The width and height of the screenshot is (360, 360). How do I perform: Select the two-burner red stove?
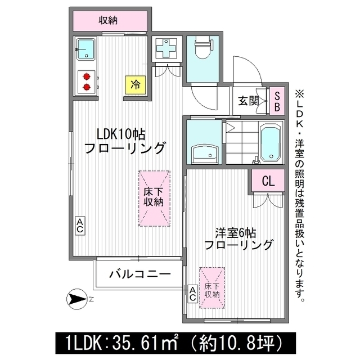coord(87,81)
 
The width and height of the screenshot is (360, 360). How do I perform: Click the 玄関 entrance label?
coord(248,101)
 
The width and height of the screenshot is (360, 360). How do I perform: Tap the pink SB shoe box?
coord(277,102)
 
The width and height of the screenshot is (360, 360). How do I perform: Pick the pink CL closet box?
coord(268,181)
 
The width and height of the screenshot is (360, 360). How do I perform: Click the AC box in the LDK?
coord(80,226)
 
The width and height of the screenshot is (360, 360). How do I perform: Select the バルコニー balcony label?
coord(139,275)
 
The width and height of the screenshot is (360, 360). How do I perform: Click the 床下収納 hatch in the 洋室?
coord(212,287)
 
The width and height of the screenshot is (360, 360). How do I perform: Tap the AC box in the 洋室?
coord(192,293)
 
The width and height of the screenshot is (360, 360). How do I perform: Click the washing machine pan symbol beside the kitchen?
coord(166,48)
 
